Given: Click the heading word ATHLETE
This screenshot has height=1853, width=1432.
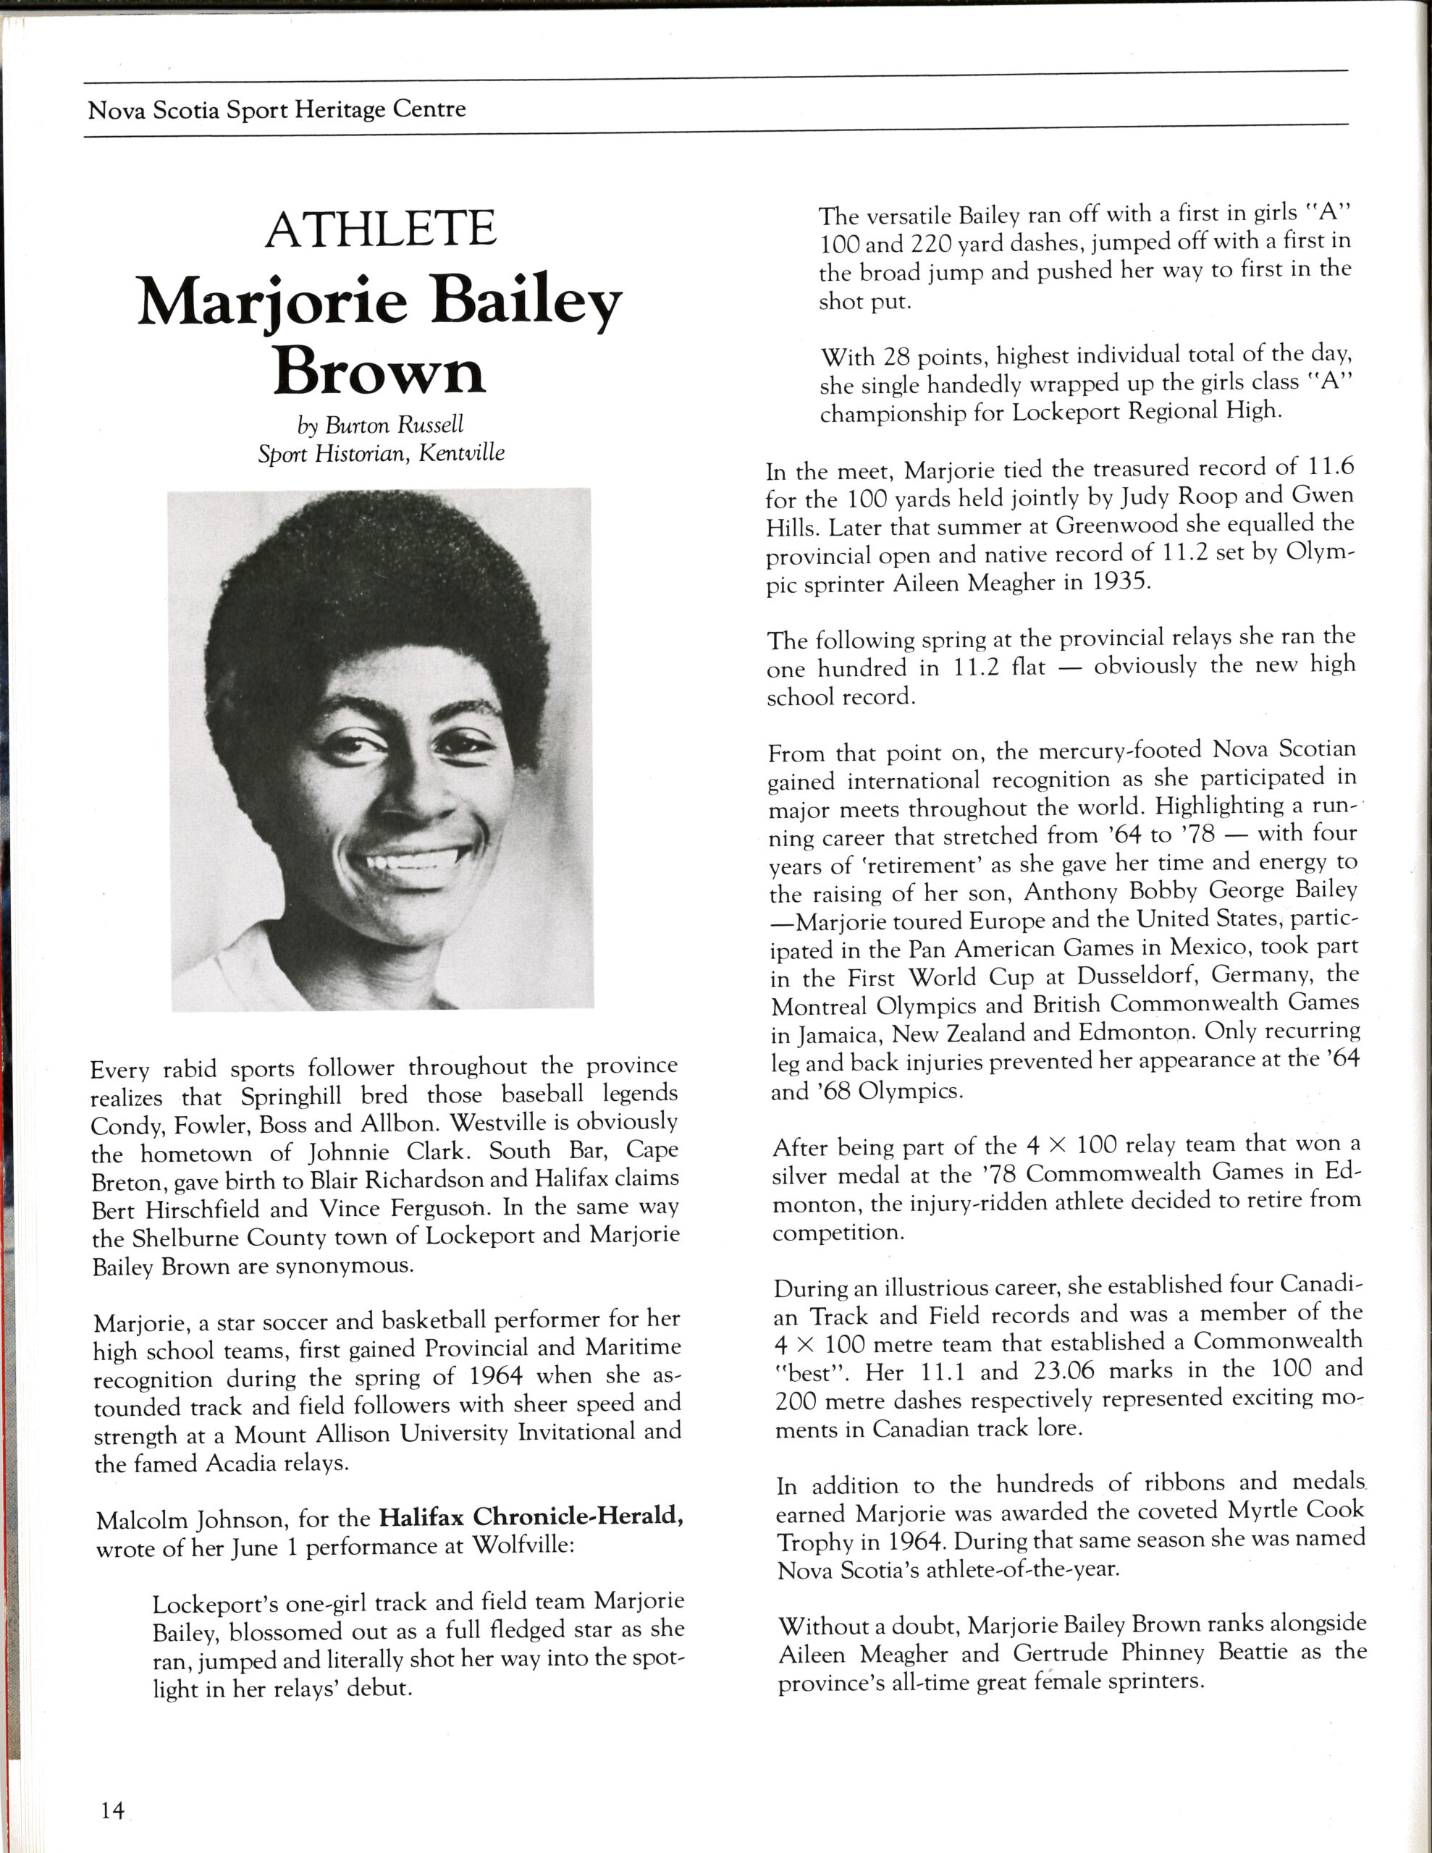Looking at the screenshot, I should [x=380, y=229].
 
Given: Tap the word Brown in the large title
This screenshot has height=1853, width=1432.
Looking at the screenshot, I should [x=379, y=371].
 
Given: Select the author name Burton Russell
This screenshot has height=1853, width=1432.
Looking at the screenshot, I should [x=394, y=424].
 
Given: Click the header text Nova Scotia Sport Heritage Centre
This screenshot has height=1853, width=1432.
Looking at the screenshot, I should [x=277, y=109].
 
